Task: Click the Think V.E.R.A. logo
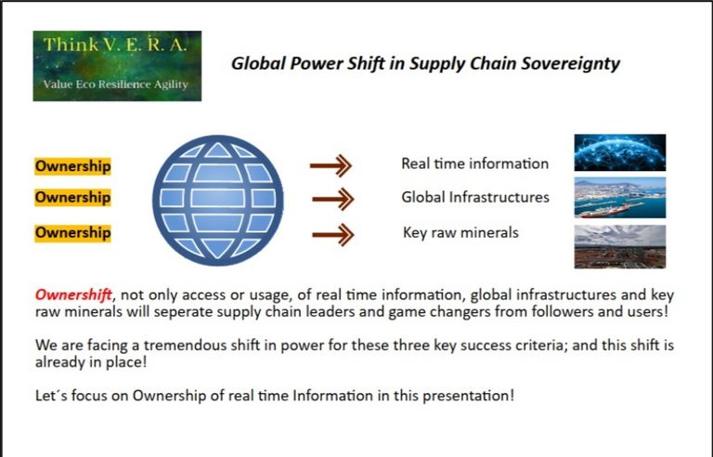tap(117, 66)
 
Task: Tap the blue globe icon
tap(218, 201)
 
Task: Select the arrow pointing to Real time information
tap(331, 165)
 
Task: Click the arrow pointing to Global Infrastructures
tap(333, 199)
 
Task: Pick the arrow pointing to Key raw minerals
tap(333, 234)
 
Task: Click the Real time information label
tap(474, 163)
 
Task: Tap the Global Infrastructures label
tap(475, 197)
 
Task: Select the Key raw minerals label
tap(460, 232)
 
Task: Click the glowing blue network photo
tap(620, 152)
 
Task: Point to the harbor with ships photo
tap(620, 198)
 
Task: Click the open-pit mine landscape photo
tap(620, 247)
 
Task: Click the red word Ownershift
tap(73, 295)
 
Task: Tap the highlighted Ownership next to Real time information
tap(72, 166)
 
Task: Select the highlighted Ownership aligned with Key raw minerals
tap(72, 233)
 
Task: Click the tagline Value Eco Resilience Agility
tap(115, 85)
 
